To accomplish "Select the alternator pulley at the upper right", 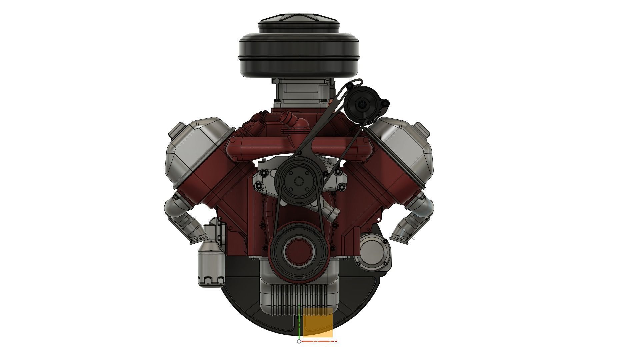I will pyautogui.click(x=362, y=104).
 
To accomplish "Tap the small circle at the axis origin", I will pyautogui.click(x=299, y=341).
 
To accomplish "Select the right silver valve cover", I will pyautogui.click(x=403, y=147).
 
